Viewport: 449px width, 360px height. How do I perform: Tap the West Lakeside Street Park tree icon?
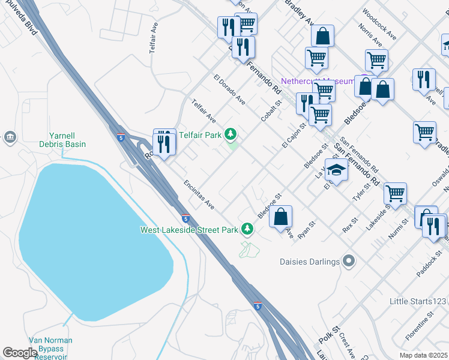[x=247, y=229]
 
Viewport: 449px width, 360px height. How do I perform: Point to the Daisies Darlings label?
[x=309, y=262]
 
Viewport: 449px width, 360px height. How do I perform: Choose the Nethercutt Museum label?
[x=319, y=81]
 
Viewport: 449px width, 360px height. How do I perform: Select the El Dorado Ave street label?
[x=229, y=89]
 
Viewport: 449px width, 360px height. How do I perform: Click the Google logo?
[x=20, y=353]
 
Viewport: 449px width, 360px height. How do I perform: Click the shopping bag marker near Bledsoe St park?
[x=280, y=217]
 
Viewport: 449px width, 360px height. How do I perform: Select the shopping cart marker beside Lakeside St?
[x=395, y=194]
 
